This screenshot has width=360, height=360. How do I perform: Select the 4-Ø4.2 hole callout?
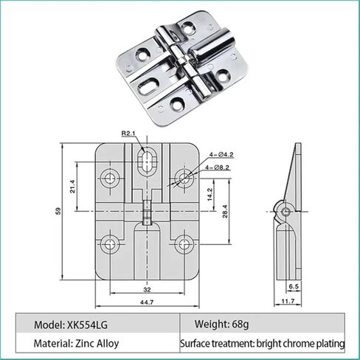click(222, 156)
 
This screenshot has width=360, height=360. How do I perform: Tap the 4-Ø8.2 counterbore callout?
click(222, 169)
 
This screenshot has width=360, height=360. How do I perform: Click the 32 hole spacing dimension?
click(148, 289)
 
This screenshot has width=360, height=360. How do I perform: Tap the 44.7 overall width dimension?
click(147, 302)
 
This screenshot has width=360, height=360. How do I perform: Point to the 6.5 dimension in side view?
click(293, 285)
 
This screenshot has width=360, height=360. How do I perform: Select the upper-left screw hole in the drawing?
click(112, 177)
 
